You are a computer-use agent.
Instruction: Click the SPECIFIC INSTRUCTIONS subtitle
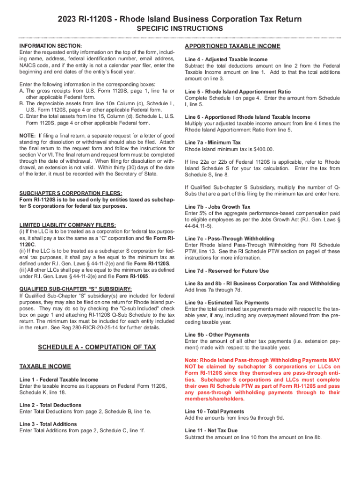180,29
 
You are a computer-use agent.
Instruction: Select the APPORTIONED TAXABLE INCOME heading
232,46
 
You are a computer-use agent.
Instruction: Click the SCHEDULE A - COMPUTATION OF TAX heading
96,347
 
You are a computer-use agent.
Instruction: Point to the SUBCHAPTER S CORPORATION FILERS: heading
71,193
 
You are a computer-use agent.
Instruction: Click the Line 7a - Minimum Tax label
213,142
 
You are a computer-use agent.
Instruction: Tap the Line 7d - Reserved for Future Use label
227,271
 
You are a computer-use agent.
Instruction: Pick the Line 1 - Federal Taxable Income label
59,379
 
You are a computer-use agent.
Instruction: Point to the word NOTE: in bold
27,135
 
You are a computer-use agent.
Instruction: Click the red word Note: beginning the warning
193,360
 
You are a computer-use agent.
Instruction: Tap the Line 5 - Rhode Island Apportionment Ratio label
238,92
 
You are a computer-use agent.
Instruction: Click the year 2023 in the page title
68,19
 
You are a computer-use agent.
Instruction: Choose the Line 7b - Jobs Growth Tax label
217,206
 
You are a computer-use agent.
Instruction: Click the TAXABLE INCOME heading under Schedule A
45,366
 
